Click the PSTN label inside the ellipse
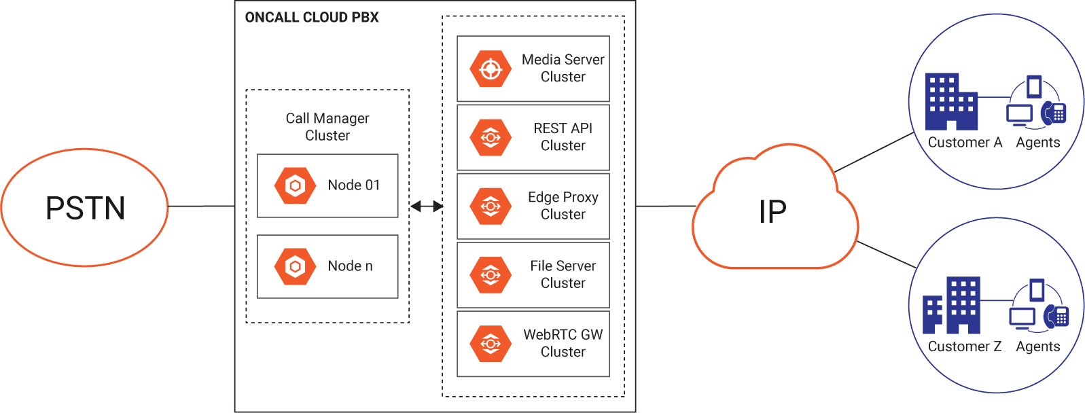coord(86,208)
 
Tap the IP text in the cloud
coord(773,213)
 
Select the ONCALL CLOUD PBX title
coord(312,18)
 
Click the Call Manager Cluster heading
coord(327,127)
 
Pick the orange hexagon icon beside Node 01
coord(295,185)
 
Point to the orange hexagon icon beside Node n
coord(295,266)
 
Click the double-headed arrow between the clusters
coord(427,206)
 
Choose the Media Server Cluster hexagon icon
coord(490,69)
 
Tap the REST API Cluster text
coord(563,137)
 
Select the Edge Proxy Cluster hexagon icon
coord(490,206)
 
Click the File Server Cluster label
coord(563,274)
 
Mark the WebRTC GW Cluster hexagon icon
coord(490,344)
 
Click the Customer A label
coord(965,143)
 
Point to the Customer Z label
coord(965,346)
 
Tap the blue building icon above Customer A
coord(951,102)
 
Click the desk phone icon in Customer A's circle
coord(1054,112)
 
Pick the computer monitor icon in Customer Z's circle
coord(1022,318)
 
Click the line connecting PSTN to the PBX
coord(201,206)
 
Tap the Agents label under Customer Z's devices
coord(1037,346)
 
